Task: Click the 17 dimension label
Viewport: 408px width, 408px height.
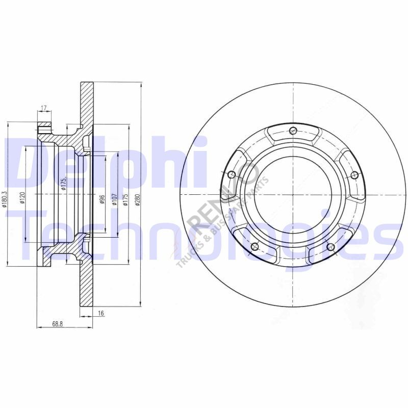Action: pyautogui.click(x=43, y=108)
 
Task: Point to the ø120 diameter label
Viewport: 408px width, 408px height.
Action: pyautogui.click(x=22, y=195)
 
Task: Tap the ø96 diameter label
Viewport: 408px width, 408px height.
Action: pyautogui.click(x=102, y=199)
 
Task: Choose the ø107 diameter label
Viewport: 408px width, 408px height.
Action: pyautogui.click(x=114, y=199)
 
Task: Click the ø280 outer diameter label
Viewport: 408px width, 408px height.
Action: pyautogui.click(x=137, y=199)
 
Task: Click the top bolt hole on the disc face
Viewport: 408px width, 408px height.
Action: pyautogui.click(x=293, y=131)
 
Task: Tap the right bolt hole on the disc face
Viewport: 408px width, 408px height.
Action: pyautogui.click(x=354, y=175)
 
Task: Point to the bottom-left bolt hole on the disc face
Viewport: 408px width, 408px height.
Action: pyautogui.click(x=255, y=248)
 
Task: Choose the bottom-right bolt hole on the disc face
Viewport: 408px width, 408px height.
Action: pyautogui.click(x=330, y=248)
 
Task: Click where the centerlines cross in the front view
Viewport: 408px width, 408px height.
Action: pyautogui.click(x=293, y=195)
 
